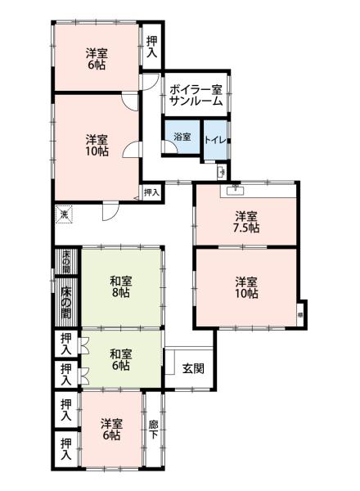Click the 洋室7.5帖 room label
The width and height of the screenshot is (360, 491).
tap(246, 222)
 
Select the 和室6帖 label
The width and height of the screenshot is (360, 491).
tap(121, 360)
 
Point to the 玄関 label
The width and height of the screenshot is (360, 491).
tap(194, 367)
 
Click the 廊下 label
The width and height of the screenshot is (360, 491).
tap(153, 430)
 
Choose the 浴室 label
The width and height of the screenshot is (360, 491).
tap(182, 137)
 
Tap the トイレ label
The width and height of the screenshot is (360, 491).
tap(216, 138)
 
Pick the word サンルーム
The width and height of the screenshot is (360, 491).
tap(196, 101)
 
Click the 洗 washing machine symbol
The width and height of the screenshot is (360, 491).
tap(64, 215)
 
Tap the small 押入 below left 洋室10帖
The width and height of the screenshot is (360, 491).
tap(151, 192)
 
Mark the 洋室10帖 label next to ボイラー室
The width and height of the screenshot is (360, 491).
tap(97, 146)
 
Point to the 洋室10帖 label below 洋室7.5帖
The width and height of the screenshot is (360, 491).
tap(246, 288)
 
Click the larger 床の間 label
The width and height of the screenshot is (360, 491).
tap(65, 302)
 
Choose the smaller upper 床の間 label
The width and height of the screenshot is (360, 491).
tap(65, 260)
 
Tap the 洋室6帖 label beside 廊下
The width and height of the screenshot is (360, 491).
tap(110, 430)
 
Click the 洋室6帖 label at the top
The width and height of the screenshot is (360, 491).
tap(97, 60)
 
